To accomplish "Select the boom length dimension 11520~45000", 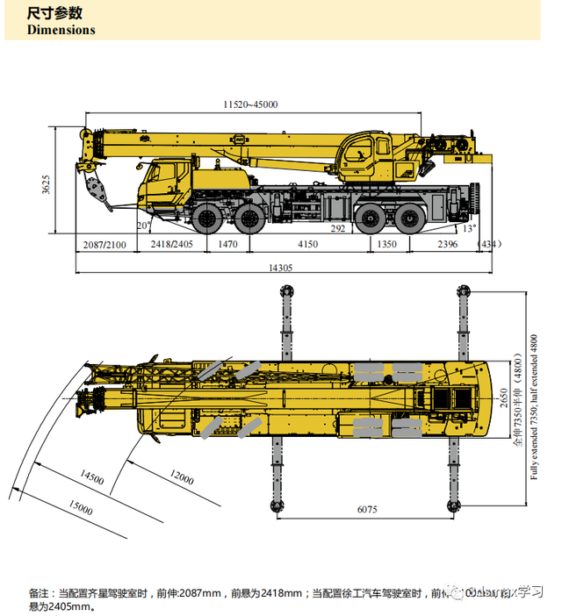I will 250,104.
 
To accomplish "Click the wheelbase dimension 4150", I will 307,244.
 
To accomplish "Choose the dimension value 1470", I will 227,244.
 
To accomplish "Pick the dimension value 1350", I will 386,244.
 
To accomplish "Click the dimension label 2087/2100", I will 104,244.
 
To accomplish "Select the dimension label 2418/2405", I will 171,244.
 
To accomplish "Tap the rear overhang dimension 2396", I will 448,244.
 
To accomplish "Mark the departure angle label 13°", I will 469,228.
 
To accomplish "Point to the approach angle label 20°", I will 144,226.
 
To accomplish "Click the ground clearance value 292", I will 338,228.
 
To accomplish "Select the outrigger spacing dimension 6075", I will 366,508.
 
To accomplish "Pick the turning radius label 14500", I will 91,479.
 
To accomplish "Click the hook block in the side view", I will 91,187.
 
